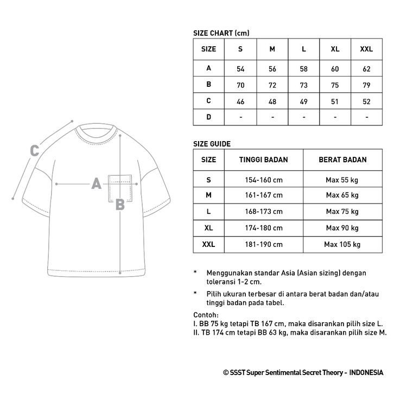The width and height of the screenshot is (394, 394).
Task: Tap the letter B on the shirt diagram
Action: pos(120,205)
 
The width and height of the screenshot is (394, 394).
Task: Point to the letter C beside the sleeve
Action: pos(34,150)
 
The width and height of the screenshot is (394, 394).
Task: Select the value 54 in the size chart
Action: pos(240,69)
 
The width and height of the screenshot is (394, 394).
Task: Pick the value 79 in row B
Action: pos(367,85)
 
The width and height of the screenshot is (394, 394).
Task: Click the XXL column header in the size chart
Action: pos(367,49)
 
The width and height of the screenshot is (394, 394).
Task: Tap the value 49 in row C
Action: pos(304,100)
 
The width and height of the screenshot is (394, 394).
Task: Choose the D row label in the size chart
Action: pos(208,117)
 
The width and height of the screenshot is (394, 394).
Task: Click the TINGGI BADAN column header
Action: pos(263,160)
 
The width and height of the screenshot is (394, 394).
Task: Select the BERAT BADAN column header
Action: pos(342,160)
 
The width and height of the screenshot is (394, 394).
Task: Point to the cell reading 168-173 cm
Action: pos(263,211)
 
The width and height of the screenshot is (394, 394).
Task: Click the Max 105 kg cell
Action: pos(342,244)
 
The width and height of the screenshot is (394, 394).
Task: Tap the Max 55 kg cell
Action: pos(342,179)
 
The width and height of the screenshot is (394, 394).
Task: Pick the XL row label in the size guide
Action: pos(208,228)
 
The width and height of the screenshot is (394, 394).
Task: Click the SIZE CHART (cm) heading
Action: pos(221,33)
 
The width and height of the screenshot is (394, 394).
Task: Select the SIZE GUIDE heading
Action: pos(212,144)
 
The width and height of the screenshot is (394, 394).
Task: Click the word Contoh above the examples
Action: pos(206,315)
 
